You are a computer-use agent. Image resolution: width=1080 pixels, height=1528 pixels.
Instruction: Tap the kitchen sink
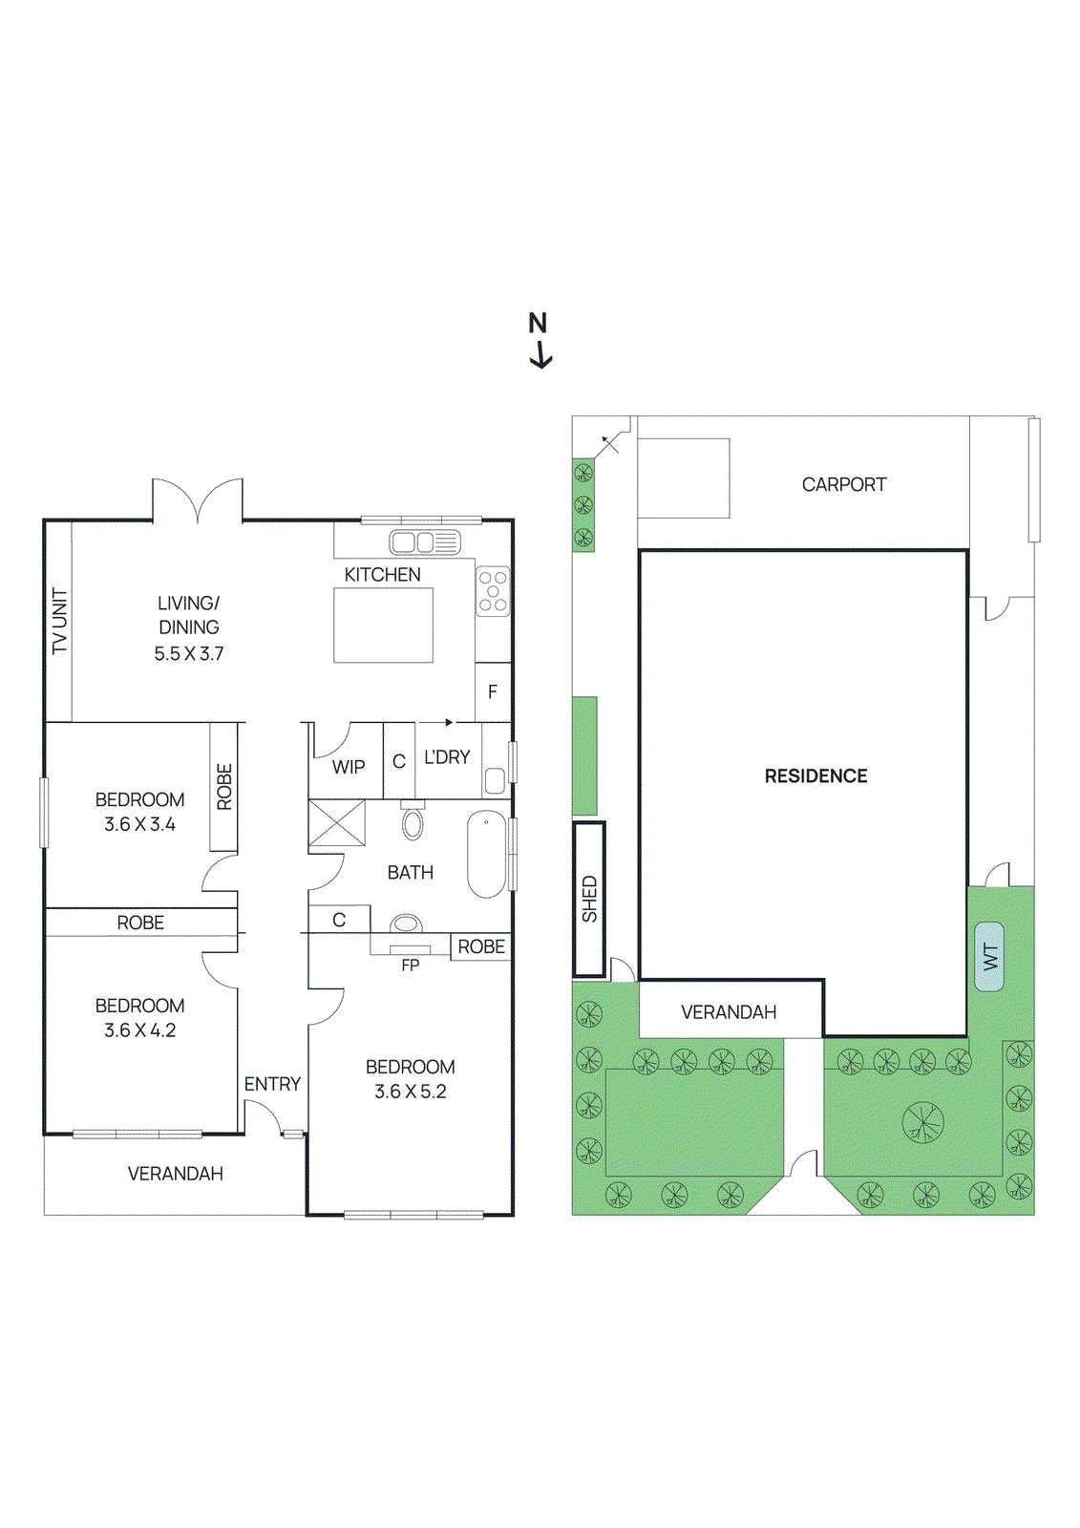[x=424, y=542]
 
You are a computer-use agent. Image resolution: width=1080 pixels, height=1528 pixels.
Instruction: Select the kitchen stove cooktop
[x=493, y=591]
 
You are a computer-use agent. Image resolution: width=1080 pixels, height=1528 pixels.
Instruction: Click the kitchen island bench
[x=383, y=626]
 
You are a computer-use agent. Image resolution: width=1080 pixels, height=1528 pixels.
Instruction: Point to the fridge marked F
[x=493, y=691]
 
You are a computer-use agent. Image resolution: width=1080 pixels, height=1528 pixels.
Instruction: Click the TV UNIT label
[x=59, y=621]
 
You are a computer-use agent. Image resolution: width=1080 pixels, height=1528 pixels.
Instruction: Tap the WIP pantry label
[x=348, y=767]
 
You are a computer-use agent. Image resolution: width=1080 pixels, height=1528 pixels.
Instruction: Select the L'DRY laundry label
[x=447, y=757]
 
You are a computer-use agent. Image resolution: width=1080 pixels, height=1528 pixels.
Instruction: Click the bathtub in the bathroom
[x=486, y=854]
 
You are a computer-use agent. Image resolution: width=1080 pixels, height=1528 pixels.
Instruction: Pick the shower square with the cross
[x=336, y=824]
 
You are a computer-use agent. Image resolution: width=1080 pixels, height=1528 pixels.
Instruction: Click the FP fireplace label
[x=410, y=966]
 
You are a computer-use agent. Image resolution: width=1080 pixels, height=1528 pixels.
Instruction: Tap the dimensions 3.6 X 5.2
[x=410, y=1092]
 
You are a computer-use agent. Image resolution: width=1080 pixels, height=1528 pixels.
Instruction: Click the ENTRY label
[x=272, y=1084]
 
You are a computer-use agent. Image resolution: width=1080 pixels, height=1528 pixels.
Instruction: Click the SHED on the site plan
[x=589, y=900]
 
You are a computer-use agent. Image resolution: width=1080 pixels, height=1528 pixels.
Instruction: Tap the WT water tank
[x=989, y=956]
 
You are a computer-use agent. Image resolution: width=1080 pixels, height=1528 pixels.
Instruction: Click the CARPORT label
[x=843, y=484]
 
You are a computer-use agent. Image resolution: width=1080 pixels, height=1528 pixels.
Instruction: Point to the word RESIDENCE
[x=815, y=776]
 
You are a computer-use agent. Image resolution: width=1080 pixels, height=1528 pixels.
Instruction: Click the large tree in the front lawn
[x=922, y=1121]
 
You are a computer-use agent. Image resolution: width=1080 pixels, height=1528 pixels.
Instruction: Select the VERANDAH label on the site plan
[x=728, y=1012]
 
